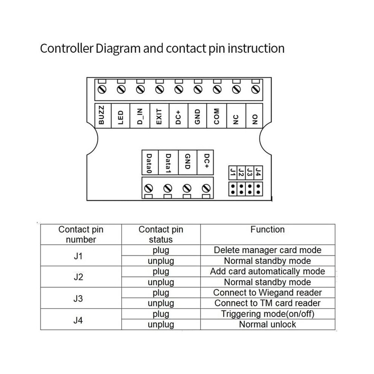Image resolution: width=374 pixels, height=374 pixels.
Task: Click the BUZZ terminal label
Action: click(x=101, y=115)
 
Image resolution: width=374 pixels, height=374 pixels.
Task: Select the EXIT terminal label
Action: click(x=159, y=117)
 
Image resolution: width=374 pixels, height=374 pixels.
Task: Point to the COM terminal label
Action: click(x=216, y=116)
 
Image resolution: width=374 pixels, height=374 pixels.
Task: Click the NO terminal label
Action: click(x=255, y=119)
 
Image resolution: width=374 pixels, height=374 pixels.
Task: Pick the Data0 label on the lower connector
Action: click(x=149, y=163)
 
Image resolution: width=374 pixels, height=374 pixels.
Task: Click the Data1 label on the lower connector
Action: click(x=168, y=163)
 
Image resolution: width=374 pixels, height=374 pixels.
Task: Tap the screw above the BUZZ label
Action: click(x=102, y=90)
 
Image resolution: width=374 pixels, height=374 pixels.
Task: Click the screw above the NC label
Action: click(x=236, y=90)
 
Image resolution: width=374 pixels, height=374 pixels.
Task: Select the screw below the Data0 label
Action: click(x=148, y=189)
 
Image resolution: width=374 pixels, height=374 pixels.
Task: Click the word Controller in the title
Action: click(x=66, y=48)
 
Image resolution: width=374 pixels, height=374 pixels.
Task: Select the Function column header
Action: click(x=267, y=229)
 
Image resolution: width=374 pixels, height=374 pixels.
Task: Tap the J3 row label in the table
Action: click(x=78, y=298)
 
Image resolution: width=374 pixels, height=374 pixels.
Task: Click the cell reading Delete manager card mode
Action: click(x=267, y=250)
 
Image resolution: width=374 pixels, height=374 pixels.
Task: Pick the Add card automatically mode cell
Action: click(x=267, y=272)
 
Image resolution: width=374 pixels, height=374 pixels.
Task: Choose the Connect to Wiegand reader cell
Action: click(x=267, y=292)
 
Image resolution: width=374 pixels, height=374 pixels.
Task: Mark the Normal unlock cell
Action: click(x=267, y=325)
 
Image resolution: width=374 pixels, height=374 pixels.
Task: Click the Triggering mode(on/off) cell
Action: click(x=267, y=314)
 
